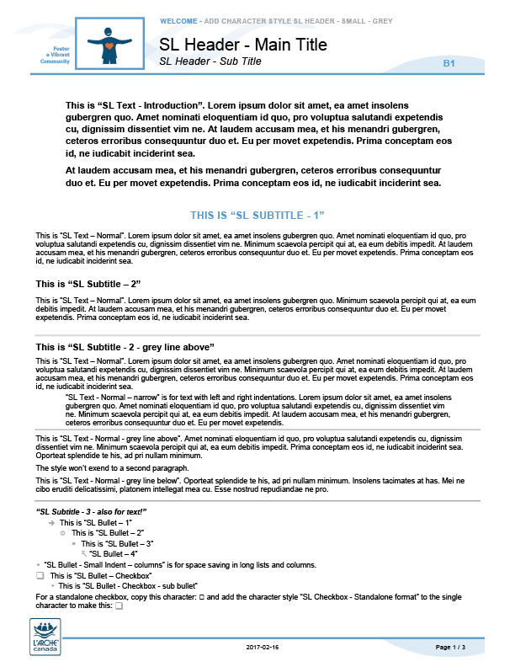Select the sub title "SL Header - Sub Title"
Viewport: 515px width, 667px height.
tap(210, 61)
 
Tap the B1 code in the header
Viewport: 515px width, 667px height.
tap(449, 63)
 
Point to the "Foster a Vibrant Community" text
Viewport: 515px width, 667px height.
tap(54, 56)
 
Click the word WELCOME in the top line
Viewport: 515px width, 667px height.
tap(178, 19)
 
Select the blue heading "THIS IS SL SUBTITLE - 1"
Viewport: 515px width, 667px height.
tap(257, 216)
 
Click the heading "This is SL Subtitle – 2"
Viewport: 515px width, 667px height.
tap(88, 283)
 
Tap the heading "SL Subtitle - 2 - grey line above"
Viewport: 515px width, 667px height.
tap(125, 347)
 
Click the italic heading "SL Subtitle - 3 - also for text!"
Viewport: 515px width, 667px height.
tap(92, 511)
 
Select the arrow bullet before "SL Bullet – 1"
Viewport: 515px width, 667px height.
tap(52, 523)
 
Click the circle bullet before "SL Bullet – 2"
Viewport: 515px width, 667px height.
tap(63, 533)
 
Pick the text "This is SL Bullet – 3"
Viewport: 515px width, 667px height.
tap(117, 543)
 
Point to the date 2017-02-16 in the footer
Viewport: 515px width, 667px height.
tap(263, 647)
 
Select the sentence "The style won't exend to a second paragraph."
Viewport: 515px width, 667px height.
tap(112, 467)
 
